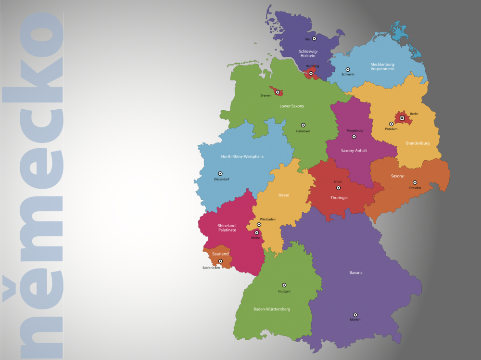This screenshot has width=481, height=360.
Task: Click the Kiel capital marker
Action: click(314, 39)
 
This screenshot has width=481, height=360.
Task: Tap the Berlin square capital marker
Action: click(402, 118)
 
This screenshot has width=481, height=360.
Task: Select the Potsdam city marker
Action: click(391, 124)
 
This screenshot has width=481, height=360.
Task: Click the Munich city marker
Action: click(355, 315)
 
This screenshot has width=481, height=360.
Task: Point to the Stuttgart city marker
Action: click(284, 285)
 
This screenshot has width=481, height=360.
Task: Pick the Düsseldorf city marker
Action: click(220, 174)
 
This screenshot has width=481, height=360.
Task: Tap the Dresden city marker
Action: click(415, 183)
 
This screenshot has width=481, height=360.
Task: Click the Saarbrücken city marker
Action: click(220, 261)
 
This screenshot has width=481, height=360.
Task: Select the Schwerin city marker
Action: click(347, 70)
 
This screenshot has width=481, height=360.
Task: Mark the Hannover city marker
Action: click(303, 125)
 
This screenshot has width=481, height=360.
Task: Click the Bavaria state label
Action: click(356, 273)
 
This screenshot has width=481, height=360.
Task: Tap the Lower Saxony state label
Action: click(292, 106)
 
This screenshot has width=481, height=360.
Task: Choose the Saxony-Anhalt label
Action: click(354, 151)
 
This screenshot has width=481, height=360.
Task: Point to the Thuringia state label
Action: click(339, 197)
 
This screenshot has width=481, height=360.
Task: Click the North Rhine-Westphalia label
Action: click(242, 156)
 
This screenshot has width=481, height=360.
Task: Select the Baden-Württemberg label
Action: click(272, 309)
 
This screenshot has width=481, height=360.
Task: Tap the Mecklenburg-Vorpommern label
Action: click(382, 66)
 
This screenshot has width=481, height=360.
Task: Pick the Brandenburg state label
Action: click(418, 143)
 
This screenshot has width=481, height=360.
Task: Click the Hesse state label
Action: click(284, 195)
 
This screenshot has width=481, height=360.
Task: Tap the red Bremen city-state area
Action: click(278, 91)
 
